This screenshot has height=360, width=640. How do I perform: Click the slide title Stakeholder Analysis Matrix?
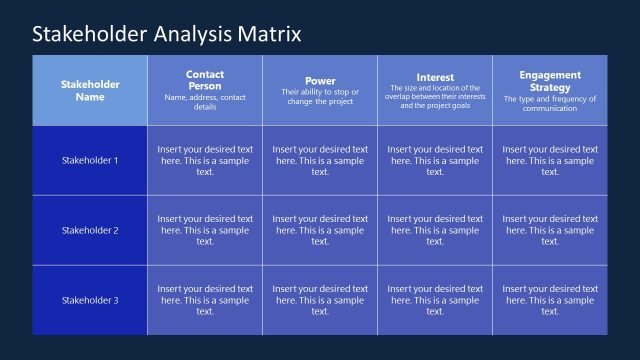tap(166, 35)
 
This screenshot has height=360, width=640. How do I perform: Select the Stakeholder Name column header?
tap(90, 90)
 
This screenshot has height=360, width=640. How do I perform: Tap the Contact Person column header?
tap(205, 80)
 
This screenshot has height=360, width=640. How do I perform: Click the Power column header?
tap(320, 81)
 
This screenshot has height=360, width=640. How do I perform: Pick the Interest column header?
tap(435, 77)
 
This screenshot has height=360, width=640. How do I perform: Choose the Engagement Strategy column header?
tap(550, 81)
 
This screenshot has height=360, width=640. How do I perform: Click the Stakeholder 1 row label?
tap(90, 160)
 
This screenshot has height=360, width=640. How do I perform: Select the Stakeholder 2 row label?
tap(90, 230)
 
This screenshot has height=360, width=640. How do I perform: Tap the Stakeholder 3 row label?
tap(90, 300)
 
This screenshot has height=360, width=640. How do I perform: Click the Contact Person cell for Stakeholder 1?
tap(205, 160)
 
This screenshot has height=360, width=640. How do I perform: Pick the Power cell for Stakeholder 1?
tap(320, 160)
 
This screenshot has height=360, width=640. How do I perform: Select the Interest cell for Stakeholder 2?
tap(435, 230)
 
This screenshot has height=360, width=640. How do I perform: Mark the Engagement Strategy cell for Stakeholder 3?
tap(550, 300)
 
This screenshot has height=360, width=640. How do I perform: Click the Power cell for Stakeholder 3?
tap(320, 300)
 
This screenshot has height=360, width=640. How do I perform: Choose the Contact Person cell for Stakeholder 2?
tap(205, 230)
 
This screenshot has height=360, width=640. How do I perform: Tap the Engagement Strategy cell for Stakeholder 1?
tap(550, 160)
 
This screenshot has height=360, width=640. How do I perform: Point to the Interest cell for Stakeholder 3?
tap(435, 300)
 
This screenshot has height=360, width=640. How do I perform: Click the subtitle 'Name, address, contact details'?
tap(205, 102)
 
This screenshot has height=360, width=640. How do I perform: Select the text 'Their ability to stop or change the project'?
tap(320, 97)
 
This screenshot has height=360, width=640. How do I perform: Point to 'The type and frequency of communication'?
tap(550, 104)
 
